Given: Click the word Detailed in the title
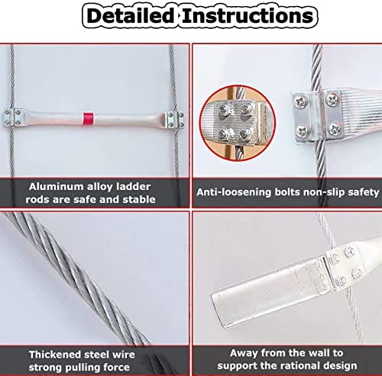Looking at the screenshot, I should [x=129, y=16].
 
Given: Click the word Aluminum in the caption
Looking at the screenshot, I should [x=57, y=185].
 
